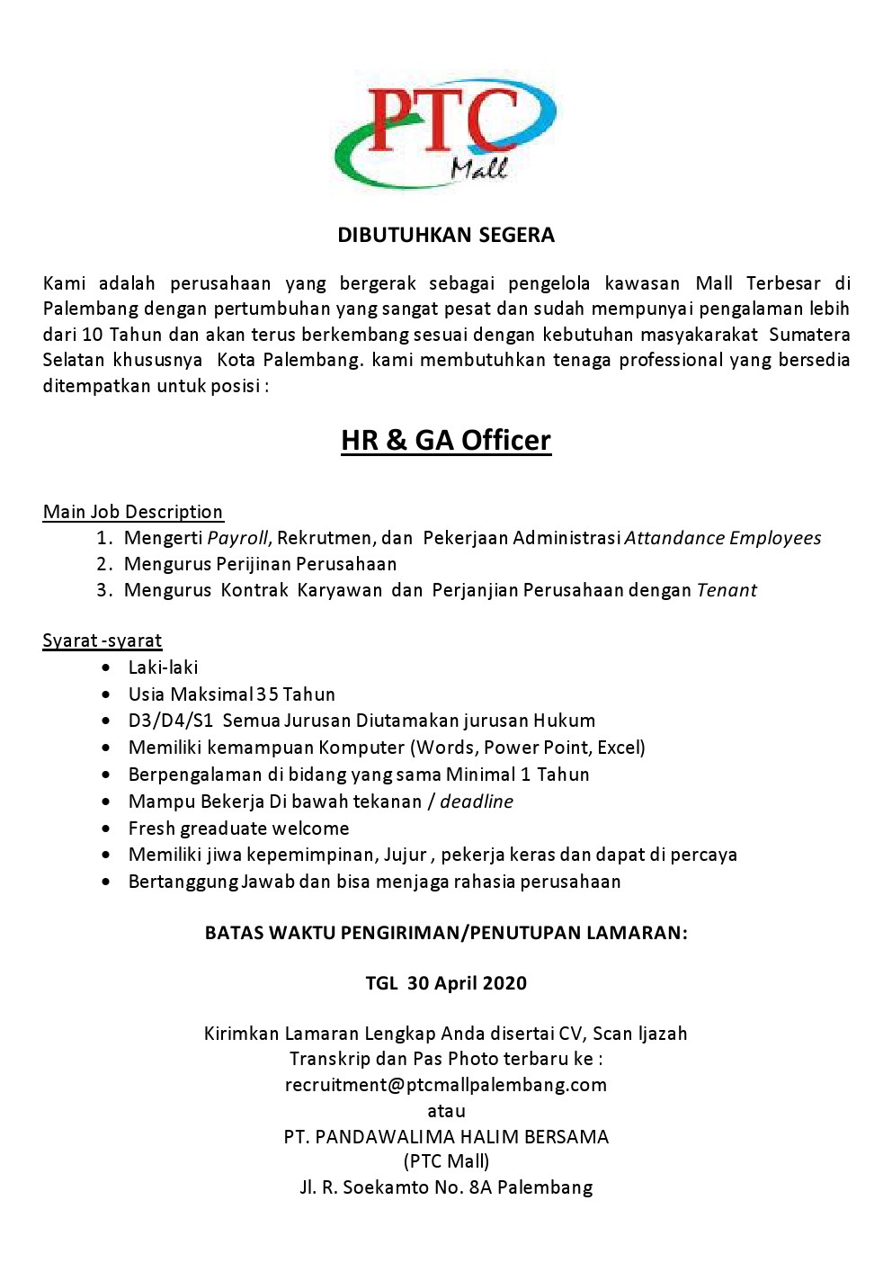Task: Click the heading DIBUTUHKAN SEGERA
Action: (446, 236)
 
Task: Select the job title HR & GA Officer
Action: (446, 441)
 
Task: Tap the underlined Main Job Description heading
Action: (133, 512)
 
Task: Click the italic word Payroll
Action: (237, 538)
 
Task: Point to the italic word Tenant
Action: (727, 590)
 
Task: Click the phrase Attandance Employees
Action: (723, 538)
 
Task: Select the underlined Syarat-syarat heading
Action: (103, 640)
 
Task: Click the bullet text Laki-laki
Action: (163, 667)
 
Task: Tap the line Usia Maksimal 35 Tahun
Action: (232, 694)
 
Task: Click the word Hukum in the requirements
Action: (565, 721)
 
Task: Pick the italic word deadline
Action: (477, 802)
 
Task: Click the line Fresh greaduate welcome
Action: (238, 829)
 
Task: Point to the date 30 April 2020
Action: (467, 983)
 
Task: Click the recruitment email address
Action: (446, 1085)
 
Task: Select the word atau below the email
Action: (446, 1111)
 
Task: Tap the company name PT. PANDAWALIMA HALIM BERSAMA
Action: (446, 1137)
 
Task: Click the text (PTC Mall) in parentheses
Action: (446, 1161)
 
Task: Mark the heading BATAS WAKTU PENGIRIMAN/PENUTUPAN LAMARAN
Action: (446, 933)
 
